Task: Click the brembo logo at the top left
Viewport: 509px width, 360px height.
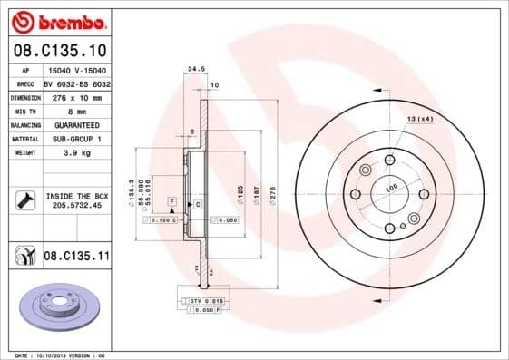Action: click(x=58, y=20)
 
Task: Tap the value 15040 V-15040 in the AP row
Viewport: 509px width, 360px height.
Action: click(x=75, y=69)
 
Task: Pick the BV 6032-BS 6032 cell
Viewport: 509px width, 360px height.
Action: click(x=76, y=83)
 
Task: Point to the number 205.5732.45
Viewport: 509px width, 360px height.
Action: click(x=76, y=206)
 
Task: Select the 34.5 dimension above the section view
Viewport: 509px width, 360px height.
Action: click(x=192, y=68)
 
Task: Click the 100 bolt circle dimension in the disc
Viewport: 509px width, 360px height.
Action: click(x=392, y=188)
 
